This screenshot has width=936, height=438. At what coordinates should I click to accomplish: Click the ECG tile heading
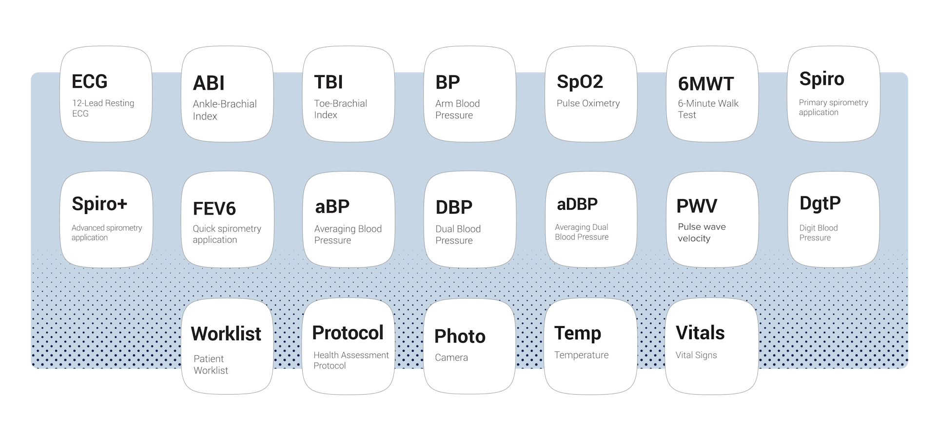pyautogui.click(x=89, y=82)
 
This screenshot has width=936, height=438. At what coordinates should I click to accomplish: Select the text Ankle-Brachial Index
pyautogui.click(x=224, y=110)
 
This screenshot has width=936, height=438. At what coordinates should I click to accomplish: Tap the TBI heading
pyautogui.click(x=329, y=82)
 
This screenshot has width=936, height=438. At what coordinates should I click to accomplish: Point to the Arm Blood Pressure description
pyautogui.click(x=457, y=109)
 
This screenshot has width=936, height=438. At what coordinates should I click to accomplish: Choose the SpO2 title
pyautogui.click(x=580, y=82)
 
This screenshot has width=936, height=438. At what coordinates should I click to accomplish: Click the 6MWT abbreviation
pyautogui.click(x=705, y=84)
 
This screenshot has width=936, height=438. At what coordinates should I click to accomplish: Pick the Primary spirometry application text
pyautogui.click(x=833, y=107)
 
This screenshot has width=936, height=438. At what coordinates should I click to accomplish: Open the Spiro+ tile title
pyautogui.click(x=99, y=204)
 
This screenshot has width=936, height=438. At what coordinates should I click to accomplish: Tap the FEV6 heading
pyautogui.click(x=214, y=209)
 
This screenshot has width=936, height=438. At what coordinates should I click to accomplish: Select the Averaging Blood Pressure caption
pyautogui.click(x=348, y=234)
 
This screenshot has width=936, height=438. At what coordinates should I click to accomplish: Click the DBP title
pyautogui.click(x=454, y=208)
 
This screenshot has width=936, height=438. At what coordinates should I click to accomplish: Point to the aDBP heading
pyautogui.click(x=577, y=205)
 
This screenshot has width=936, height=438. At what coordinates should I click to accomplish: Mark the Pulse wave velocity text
pyautogui.click(x=702, y=232)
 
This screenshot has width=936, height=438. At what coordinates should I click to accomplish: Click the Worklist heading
pyautogui.click(x=226, y=334)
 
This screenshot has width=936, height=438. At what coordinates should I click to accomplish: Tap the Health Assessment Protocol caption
pyautogui.click(x=351, y=361)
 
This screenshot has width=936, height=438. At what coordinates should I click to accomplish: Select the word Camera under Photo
pyautogui.click(x=451, y=358)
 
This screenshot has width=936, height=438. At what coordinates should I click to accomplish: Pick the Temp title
pyautogui.click(x=578, y=333)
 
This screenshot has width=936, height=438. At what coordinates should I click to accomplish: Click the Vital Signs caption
pyautogui.click(x=696, y=355)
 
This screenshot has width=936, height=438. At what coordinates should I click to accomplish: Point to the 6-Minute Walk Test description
pyautogui.click(x=708, y=109)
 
